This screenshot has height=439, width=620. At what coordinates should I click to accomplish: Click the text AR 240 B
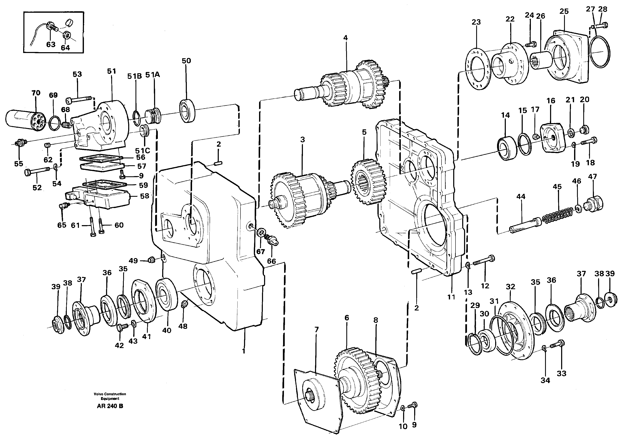pyautogui.click(x=110, y=406)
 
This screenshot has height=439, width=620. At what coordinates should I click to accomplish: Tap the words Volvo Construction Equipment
pyautogui.click(x=110, y=396)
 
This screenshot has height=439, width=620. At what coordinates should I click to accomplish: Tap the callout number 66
pyautogui.click(x=271, y=261)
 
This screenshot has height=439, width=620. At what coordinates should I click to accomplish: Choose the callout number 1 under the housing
pyautogui.click(x=243, y=351)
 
